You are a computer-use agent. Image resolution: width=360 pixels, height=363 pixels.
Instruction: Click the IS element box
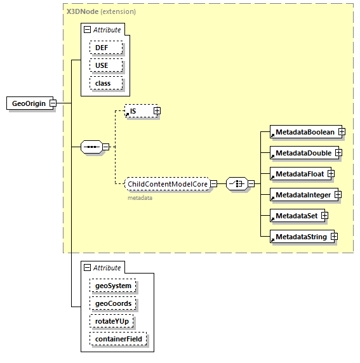(138, 111)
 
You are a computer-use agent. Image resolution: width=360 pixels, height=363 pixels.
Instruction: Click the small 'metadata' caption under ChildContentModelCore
(140, 197)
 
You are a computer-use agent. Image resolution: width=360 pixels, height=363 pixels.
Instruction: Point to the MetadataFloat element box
(297, 174)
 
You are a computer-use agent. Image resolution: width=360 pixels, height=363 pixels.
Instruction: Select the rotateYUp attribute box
(111, 321)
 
